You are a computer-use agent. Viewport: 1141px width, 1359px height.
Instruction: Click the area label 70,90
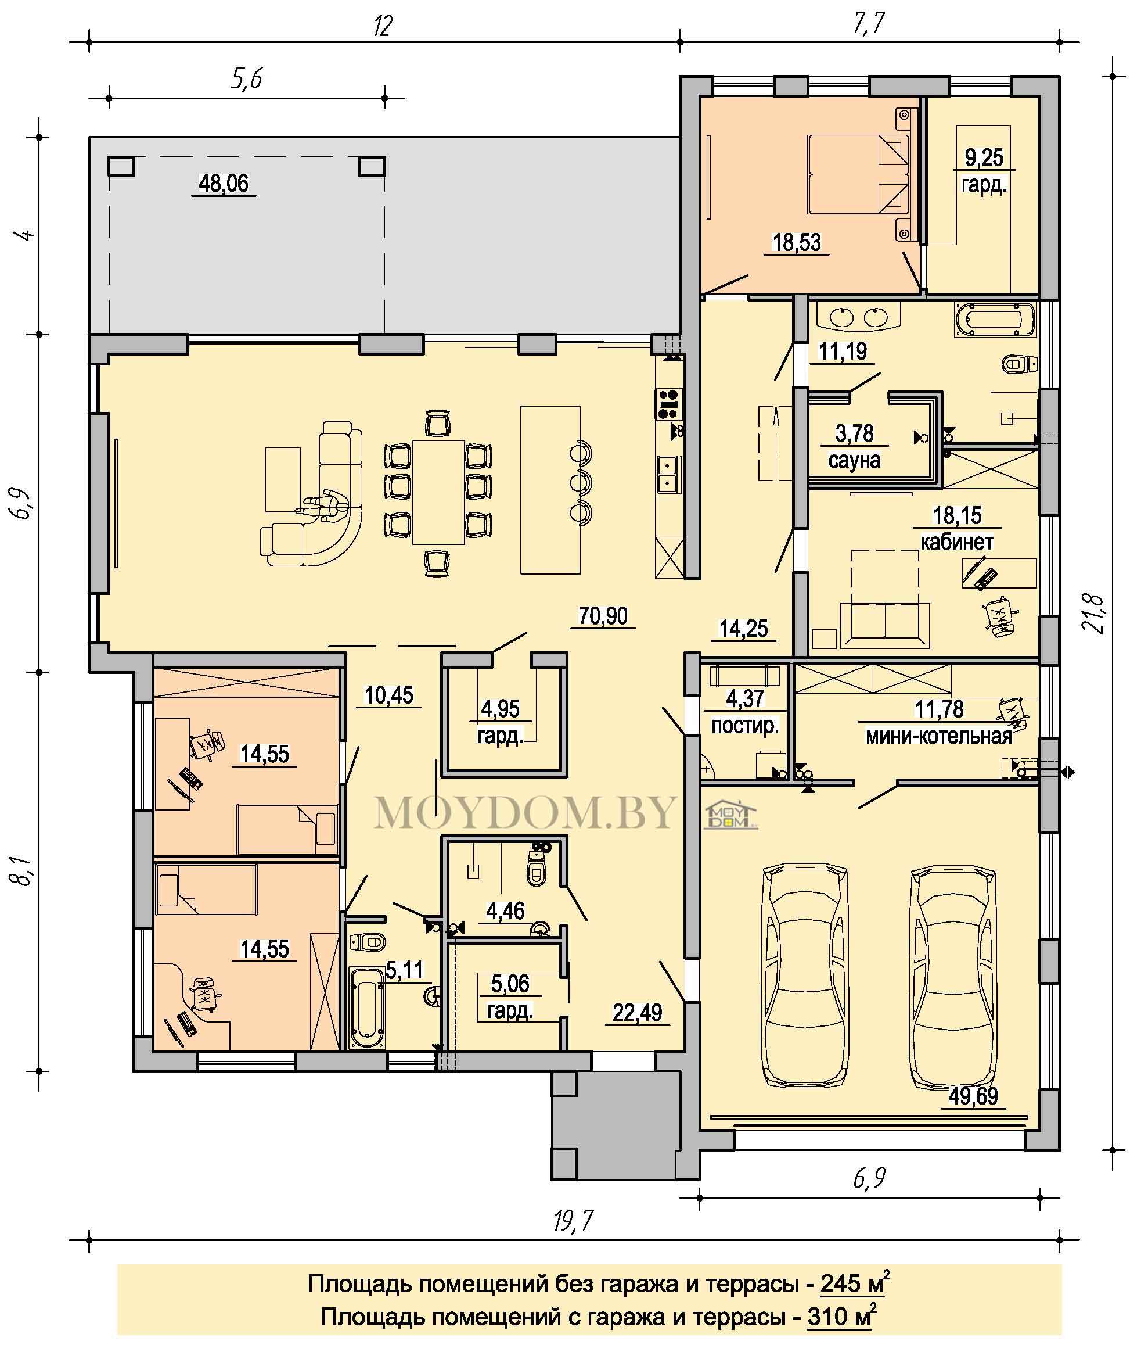pos(603,615)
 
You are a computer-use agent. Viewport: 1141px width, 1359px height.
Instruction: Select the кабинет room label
pos(957,542)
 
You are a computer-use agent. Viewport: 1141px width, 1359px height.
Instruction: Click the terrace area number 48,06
pos(223,183)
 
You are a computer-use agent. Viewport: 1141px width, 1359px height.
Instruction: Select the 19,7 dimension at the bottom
pos(573,1221)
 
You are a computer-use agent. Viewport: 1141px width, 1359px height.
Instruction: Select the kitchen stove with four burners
pos(669,404)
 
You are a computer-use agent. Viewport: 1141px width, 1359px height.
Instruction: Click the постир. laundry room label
pos(744,726)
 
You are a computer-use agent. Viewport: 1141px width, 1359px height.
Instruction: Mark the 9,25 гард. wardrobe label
pos(984,171)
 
